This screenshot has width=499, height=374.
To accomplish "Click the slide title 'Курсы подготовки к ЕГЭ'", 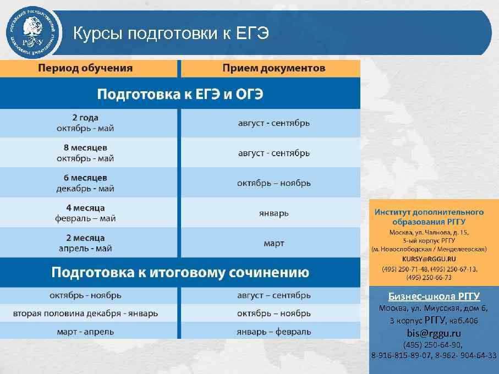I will [x=171, y=34].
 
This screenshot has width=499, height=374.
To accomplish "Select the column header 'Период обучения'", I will [x=85, y=69].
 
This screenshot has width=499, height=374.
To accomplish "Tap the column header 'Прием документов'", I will [x=273, y=69].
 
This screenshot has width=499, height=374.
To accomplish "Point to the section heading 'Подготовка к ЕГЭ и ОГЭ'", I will [x=180, y=94].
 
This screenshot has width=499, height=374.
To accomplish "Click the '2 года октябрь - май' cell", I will [x=85, y=123].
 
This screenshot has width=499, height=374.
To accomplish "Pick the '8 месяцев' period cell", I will [x=85, y=153].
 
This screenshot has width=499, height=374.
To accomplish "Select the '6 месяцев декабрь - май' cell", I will [x=85, y=183].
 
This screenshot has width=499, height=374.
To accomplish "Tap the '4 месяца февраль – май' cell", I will [x=85, y=213].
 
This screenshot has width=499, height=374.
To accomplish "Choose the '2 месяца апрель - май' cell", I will [x=85, y=243].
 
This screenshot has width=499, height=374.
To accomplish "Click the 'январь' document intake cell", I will [x=273, y=213].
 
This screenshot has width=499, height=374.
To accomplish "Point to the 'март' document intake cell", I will [x=273, y=243].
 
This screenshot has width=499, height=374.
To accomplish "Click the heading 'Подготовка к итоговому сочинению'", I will [x=180, y=272].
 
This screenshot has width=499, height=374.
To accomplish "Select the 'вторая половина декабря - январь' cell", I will [x=85, y=313].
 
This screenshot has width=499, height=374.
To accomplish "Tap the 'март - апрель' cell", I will [x=85, y=332].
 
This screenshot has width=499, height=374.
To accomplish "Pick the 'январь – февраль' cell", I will [x=273, y=332].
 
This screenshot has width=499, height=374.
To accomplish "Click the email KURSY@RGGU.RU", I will [x=429, y=258].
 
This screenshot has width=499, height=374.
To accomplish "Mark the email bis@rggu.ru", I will [x=434, y=333].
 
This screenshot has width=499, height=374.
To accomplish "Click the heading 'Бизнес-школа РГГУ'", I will [x=434, y=296].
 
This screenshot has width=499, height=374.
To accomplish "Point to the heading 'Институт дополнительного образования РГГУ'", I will [x=429, y=217].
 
